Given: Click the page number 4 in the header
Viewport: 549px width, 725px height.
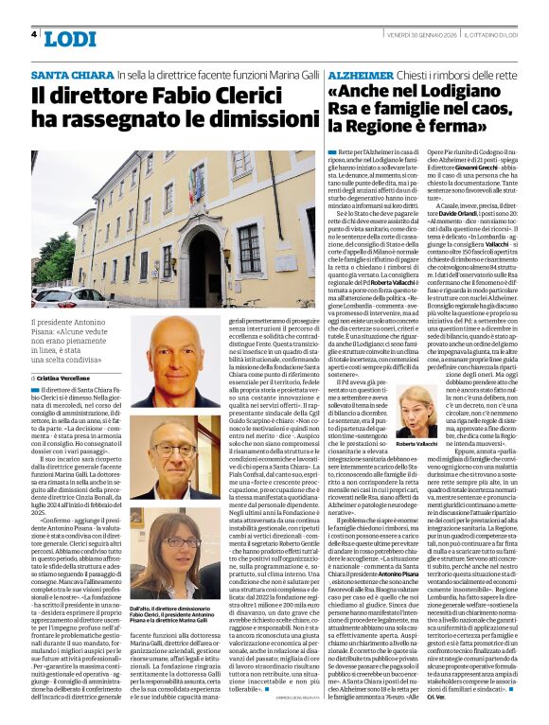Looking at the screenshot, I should point(34,35).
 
